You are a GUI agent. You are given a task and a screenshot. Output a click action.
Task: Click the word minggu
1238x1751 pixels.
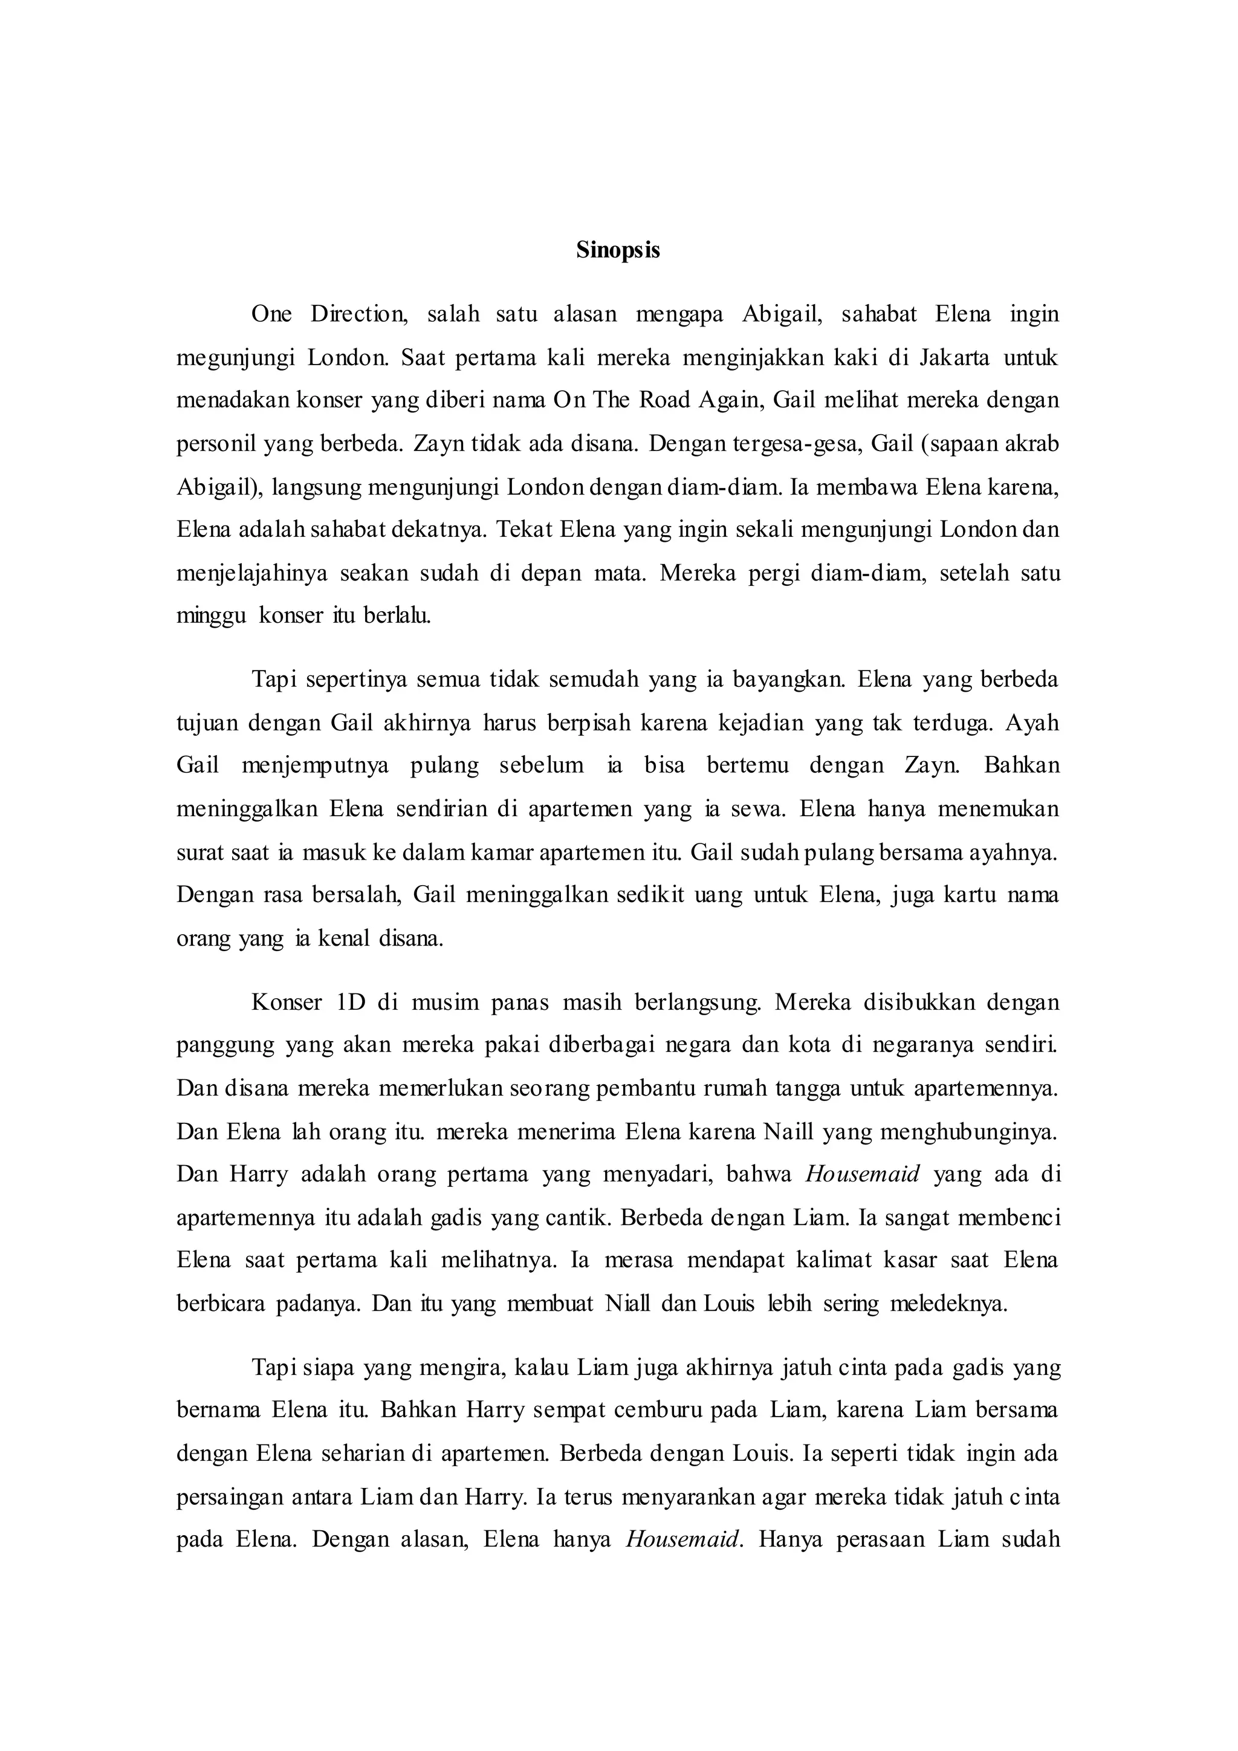[211, 616]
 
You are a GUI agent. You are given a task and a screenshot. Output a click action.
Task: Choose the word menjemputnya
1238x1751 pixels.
[315, 765]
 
